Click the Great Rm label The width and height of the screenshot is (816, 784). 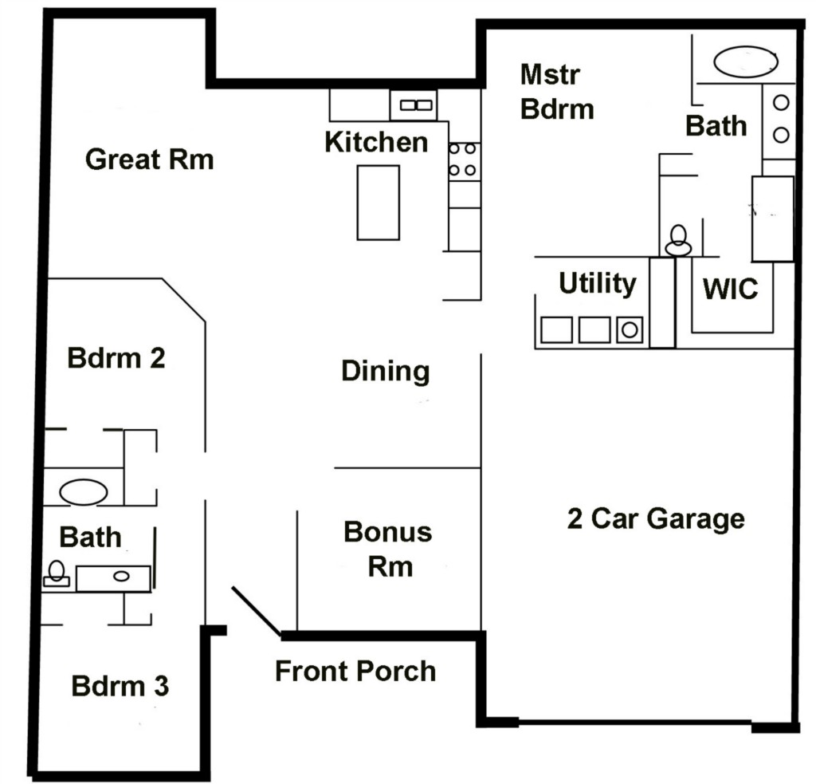point(150,159)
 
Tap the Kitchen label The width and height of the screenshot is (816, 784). point(376,142)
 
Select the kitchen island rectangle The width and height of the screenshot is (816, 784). point(379,203)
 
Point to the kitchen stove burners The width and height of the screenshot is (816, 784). point(463,160)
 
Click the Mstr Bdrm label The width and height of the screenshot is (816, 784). point(557,93)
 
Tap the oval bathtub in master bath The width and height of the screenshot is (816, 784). point(746,62)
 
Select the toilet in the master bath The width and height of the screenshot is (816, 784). point(678,240)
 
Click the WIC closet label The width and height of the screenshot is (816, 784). point(730,290)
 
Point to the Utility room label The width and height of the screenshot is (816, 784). point(598,284)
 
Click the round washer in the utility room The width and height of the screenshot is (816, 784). point(630,329)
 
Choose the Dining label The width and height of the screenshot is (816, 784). point(386,372)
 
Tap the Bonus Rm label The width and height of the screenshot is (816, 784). point(388,549)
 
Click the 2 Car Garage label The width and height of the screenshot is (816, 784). point(657,519)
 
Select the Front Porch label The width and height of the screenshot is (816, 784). point(355,671)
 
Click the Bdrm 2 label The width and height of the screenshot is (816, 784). point(116,358)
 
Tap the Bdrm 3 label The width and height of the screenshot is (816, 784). point(120,686)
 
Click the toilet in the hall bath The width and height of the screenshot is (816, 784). point(57,573)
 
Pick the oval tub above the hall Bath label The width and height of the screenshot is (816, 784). point(83,492)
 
